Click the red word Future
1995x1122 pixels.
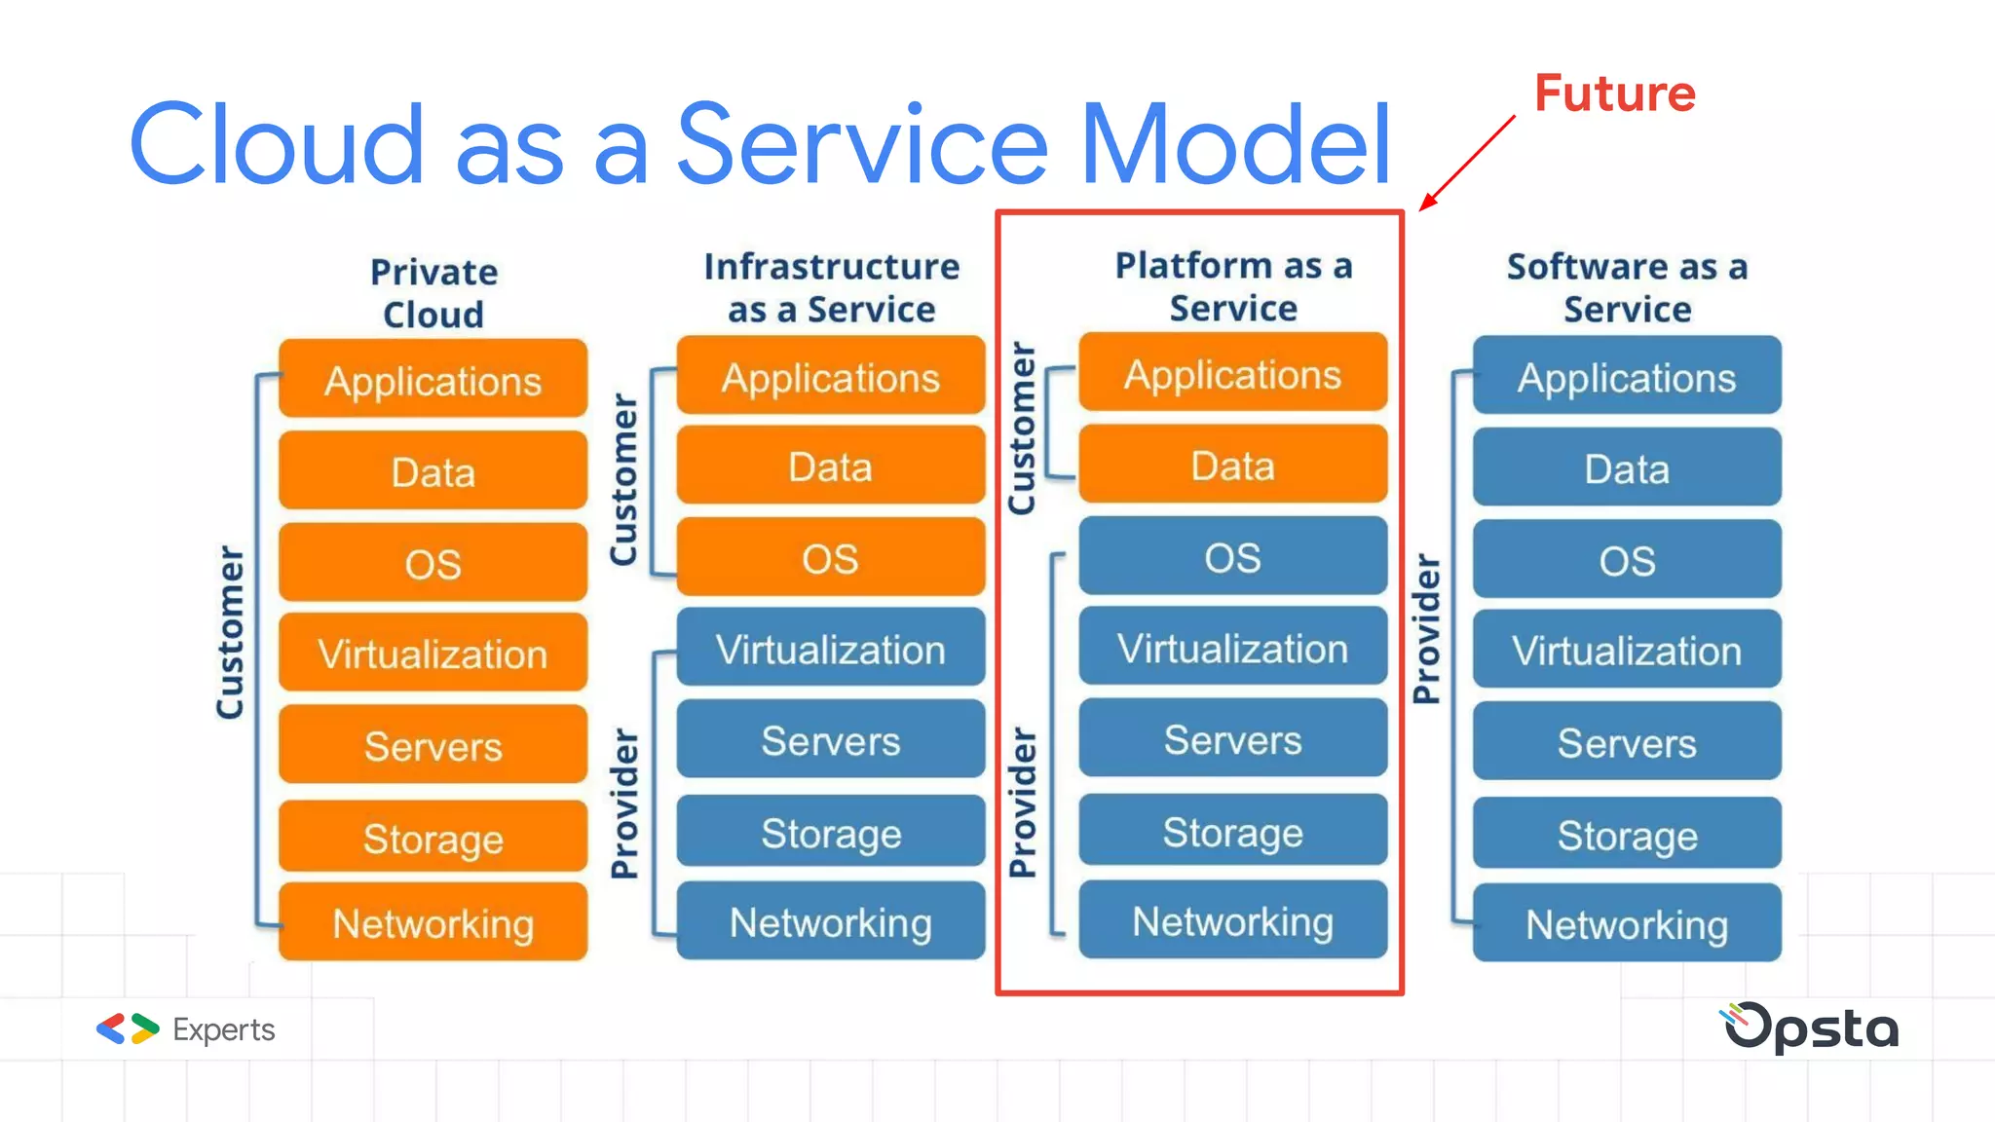(x=1614, y=94)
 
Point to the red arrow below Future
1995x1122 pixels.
(x=1467, y=162)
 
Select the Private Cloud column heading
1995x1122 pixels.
(x=433, y=292)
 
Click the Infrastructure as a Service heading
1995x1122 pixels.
(x=831, y=287)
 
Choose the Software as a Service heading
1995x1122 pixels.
(x=1627, y=287)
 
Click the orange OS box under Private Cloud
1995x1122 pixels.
(x=433, y=563)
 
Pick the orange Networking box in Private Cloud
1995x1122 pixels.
(x=433, y=922)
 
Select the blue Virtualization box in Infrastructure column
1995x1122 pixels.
(x=831, y=649)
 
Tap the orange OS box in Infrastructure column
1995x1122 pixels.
(x=831, y=558)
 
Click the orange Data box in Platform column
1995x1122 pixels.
(x=1232, y=466)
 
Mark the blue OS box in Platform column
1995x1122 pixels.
(x=1232, y=557)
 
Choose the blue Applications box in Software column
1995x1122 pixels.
(x=1627, y=377)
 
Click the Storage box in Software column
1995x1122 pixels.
(x=1627, y=835)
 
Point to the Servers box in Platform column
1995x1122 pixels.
(x=1232, y=739)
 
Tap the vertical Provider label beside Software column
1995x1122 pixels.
(x=1426, y=628)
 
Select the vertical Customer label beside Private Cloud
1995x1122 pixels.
(x=230, y=633)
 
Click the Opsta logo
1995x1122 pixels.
(x=1811, y=1028)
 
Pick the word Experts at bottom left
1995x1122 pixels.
(x=223, y=1029)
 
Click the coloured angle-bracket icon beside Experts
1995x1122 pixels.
(x=128, y=1028)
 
